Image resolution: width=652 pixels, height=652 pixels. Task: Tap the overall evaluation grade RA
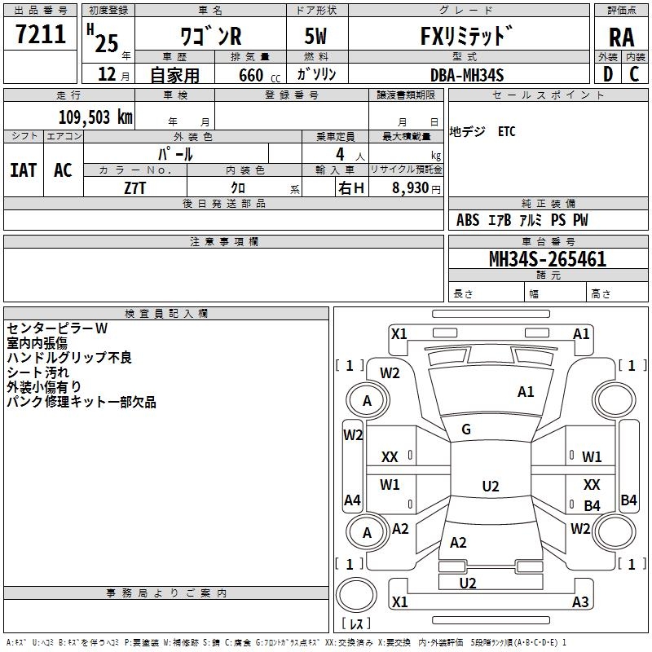pyautogui.click(x=621, y=38)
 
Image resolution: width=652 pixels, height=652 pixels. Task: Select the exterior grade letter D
pyautogui.click(x=608, y=74)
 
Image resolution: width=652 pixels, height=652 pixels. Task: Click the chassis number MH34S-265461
pyautogui.click(x=547, y=260)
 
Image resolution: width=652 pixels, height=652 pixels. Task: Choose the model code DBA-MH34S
pyautogui.click(x=467, y=75)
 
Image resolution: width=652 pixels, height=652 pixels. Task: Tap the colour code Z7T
pyautogui.click(x=135, y=187)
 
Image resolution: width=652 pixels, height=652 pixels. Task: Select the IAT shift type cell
pyautogui.click(x=23, y=170)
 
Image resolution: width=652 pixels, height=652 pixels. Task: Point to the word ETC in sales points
pyautogui.click(x=506, y=132)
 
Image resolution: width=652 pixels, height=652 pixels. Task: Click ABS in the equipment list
pyautogui.click(x=468, y=220)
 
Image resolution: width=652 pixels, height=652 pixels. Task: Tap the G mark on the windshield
pyautogui.click(x=466, y=430)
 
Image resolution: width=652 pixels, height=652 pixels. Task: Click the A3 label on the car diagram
pyautogui.click(x=580, y=602)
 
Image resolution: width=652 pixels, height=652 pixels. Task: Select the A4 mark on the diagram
pyautogui.click(x=352, y=500)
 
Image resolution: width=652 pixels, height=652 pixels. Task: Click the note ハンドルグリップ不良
pyautogui.click(x=69, y=357)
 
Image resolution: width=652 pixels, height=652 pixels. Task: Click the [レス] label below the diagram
pyautogui.click(x=355, y=624)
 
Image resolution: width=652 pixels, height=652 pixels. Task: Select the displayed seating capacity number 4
pyautogui.click(x=338, y=153)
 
